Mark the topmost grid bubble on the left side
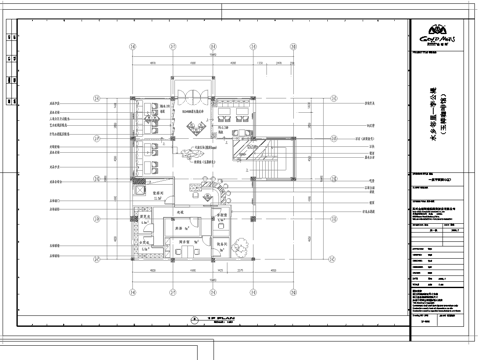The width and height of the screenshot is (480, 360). [96, 98]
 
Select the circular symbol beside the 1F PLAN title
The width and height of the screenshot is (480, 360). [191, 315]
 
